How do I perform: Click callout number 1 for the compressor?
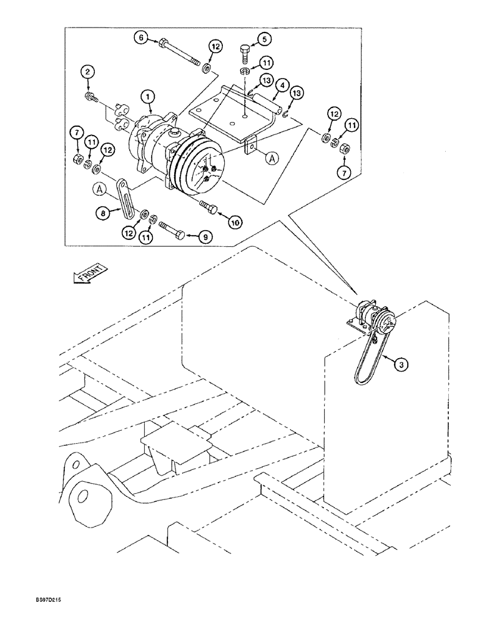[x=148, y=97]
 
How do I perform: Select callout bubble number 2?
[x=88, y=74]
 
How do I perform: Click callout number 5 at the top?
[x=265, y=39]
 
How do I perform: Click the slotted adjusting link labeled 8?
[x=124, y=196]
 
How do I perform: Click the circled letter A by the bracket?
[x=272, y=159]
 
